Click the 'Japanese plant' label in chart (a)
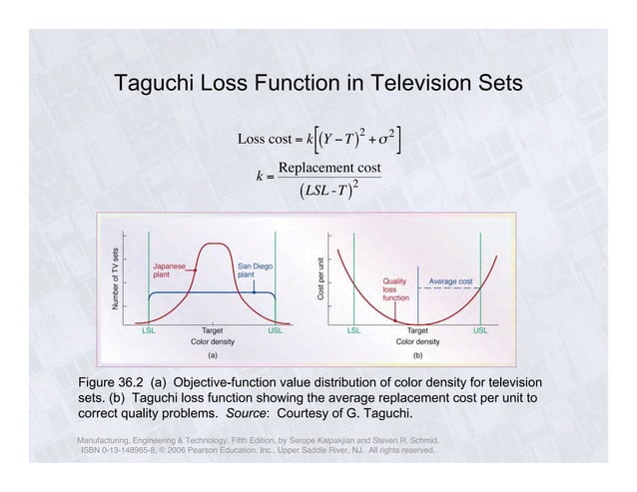tap(168, 270)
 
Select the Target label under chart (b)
tap(418, 328)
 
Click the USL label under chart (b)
tap(480, 328)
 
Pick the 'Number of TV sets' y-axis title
tap(116, 278)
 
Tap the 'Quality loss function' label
tap(396, 289)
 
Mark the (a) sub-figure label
tap(212, 353)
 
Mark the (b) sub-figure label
tap(417, 353)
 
